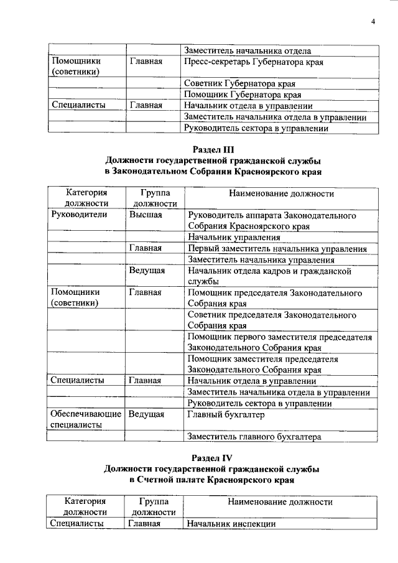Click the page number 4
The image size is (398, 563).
click(x=373, y=22)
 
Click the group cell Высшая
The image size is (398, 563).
click(x=146, y=215)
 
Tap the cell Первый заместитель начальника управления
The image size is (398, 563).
click(x=277, y=248)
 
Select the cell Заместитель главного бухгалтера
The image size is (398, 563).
click(x=254, y=437)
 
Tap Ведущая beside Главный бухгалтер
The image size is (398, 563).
click(x=147, y=414)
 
